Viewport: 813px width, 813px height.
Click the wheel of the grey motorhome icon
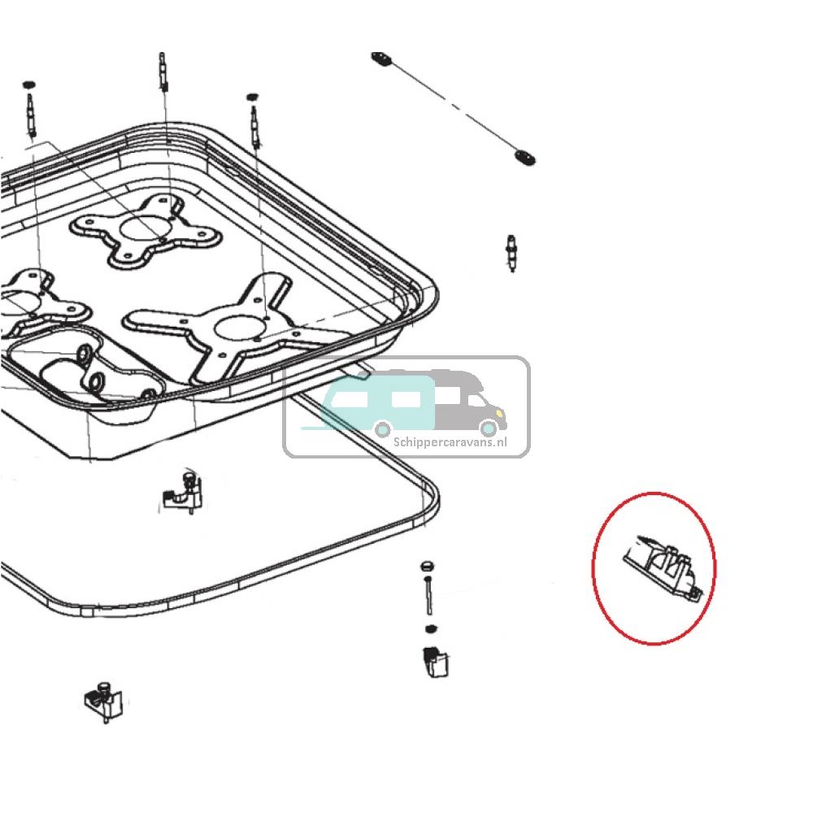489,428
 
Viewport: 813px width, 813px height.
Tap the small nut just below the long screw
432,628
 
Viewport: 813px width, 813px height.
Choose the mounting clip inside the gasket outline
182,493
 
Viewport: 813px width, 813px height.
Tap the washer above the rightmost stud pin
251,97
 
